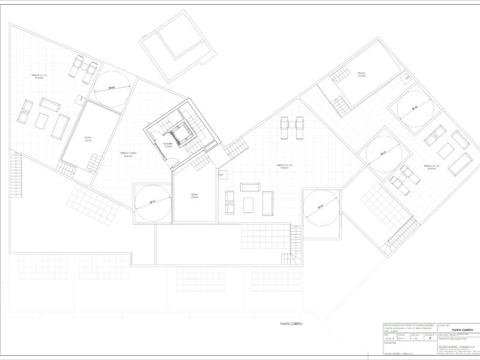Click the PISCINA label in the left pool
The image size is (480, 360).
[88, 139]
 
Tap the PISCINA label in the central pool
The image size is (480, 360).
[194, 196]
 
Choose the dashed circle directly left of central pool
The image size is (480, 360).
[152, 203]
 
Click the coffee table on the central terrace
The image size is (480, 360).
[248, 205]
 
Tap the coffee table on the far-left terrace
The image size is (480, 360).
[41, 121]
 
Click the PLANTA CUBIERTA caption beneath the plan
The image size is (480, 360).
[291, 323]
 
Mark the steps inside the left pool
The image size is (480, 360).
[94, 162]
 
